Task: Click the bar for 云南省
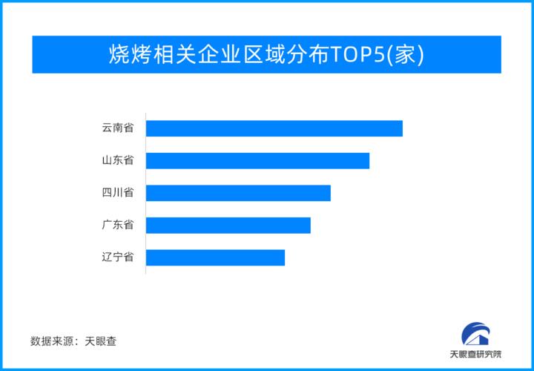(274, 128)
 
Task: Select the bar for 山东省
(257, 160)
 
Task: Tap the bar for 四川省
(238, 193)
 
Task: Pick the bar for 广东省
(228, 225)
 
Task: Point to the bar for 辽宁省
(215, 257)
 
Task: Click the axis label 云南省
(118, 128)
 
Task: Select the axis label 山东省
(118, 160)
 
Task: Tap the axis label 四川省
(118, 193)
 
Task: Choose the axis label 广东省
(118, 225)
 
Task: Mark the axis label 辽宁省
(118, 257)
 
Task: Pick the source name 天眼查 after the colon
(100, 341)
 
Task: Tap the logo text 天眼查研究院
(475, 355)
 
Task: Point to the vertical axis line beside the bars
(145, 193)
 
